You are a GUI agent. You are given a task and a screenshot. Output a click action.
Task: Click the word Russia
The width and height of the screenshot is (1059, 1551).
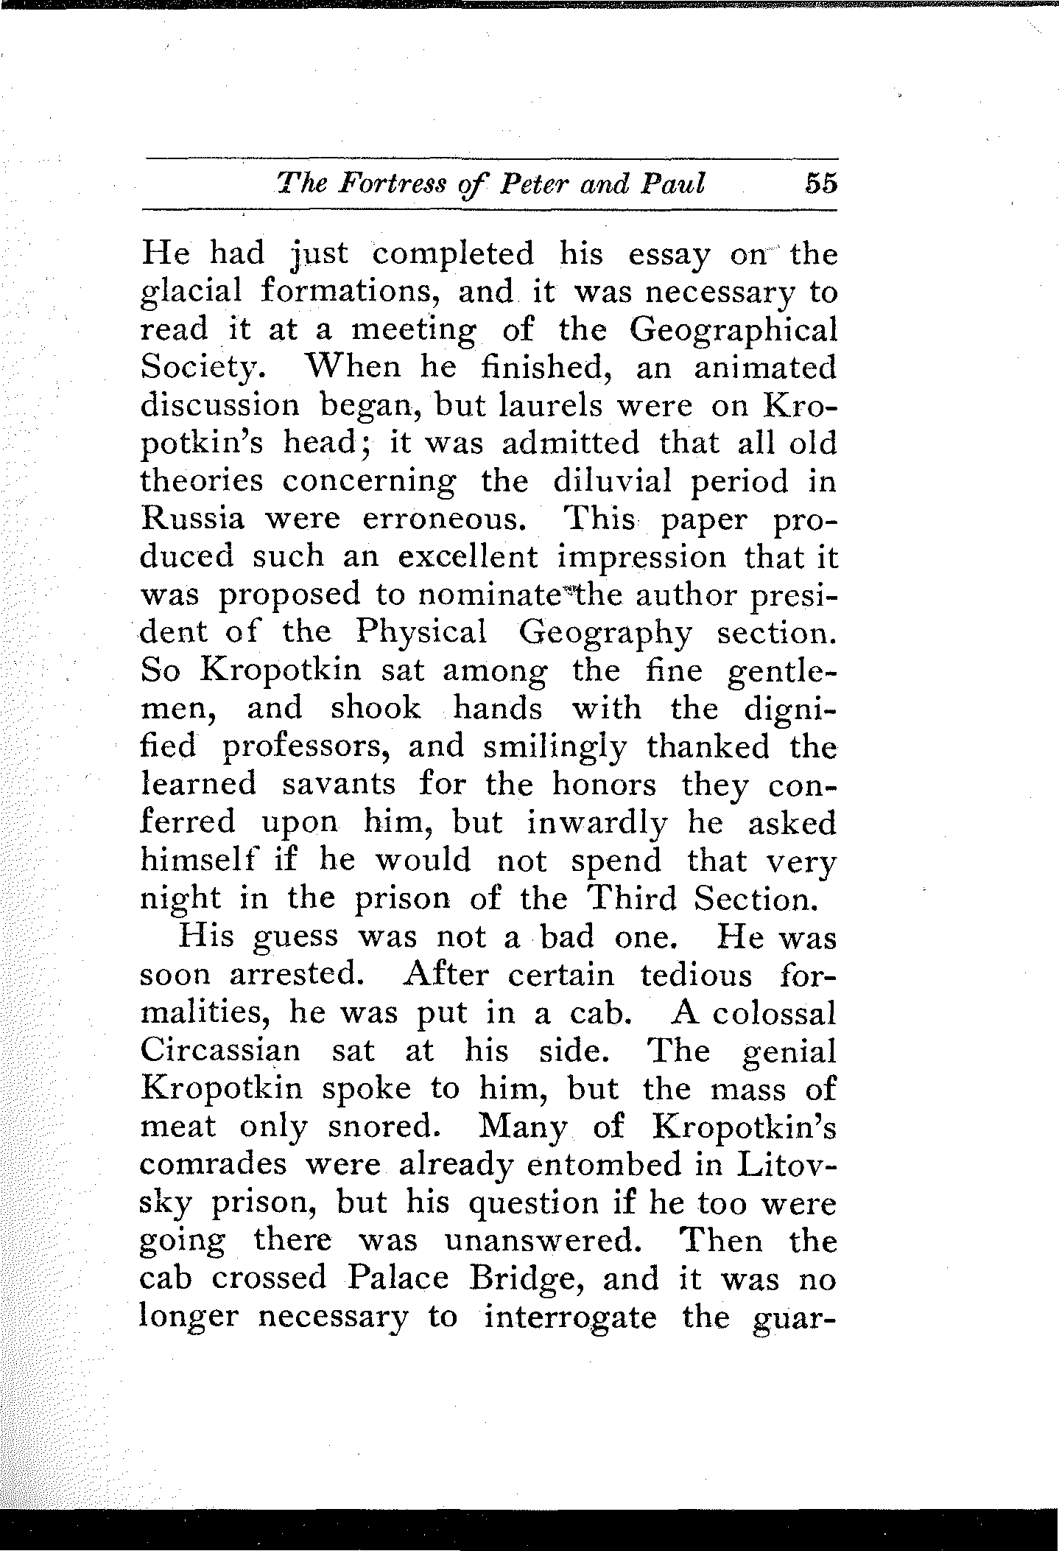pos(192,519)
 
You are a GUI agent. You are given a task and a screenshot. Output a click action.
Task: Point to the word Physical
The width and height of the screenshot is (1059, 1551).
pos(421,633)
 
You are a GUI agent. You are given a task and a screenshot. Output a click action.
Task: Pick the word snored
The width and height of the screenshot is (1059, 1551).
pos(390,1125)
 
